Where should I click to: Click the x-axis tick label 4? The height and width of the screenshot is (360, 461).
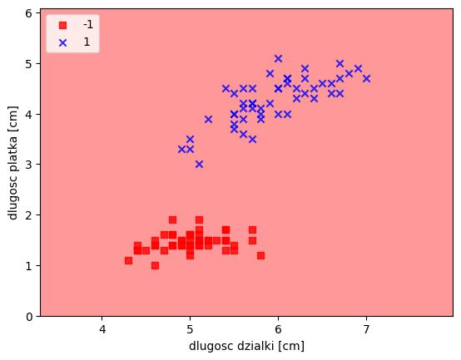tap(102, 330)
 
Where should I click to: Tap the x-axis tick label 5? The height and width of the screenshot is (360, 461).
tap(191, 330)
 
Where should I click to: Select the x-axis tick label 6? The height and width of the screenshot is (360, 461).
tap(278, 330)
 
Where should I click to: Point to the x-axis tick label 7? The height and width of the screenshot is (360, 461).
tap(366, 330)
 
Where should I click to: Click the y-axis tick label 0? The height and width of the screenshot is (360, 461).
tap(29, 317)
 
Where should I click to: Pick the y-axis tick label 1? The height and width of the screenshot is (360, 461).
tap(29, 266)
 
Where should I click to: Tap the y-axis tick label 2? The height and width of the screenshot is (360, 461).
tap(29, 215)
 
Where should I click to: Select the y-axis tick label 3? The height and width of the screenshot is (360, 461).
tap(29, 165)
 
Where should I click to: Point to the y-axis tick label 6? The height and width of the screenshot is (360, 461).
tap(29, 13)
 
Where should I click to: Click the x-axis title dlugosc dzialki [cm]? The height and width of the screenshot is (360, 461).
tap(246, 346)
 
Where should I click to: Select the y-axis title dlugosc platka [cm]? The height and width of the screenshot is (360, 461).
tap(12, 162)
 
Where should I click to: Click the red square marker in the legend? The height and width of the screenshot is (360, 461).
tap(62, 25)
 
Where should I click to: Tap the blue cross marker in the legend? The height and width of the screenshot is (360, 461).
tap(62, 43)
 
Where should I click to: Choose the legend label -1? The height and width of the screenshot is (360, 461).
tap(88, 25)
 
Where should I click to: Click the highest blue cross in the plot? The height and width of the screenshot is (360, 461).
tap(278, 58)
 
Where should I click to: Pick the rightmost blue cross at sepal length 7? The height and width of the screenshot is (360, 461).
tap(366, 78)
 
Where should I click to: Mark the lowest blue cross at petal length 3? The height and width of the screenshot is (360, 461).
tap(199, 164)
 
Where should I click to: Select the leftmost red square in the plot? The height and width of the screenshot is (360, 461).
tap(128, 260)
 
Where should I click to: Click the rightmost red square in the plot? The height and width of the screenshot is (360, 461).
tap(260, 255)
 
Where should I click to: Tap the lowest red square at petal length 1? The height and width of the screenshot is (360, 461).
tap(155, 265)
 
